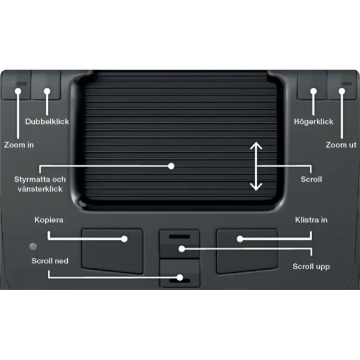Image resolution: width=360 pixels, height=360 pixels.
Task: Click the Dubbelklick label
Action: tap(47, 122)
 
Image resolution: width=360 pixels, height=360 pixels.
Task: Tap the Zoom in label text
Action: tap(19, 145)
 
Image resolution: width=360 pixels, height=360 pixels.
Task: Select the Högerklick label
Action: tap(313, 122)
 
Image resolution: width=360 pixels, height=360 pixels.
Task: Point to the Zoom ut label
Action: tap(341, 145)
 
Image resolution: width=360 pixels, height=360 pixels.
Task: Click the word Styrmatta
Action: tap(32, 179)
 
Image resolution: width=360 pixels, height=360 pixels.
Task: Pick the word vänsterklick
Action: tap(40, 189)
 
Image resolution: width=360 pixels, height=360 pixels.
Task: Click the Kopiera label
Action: tap(48, 220)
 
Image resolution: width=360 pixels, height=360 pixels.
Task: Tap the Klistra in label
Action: tap(311, 220)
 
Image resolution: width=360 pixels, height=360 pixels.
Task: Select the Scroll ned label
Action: tap(50, 261)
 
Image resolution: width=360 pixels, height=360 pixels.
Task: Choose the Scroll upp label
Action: tap(311, 267)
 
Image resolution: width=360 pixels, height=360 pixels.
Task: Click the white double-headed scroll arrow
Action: tap(256, 166)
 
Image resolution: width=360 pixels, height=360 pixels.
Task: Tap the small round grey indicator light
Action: tap(33, 246)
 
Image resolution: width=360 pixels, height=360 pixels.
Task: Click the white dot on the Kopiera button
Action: tap(124, 239)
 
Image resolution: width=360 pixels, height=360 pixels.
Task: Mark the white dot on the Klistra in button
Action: tap(240, 239)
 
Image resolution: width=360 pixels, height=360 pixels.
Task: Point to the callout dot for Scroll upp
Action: tap(182, 248)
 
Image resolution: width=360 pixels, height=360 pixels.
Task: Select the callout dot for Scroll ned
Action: tap(180, 277)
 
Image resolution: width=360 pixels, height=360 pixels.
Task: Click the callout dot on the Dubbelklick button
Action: tap(47, 91)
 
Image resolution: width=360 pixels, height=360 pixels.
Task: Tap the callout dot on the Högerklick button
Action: tap(313, 91)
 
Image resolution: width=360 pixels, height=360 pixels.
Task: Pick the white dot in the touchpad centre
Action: tap(171, 166)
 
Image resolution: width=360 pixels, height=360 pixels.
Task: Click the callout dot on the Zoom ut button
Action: tap(342, 91)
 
